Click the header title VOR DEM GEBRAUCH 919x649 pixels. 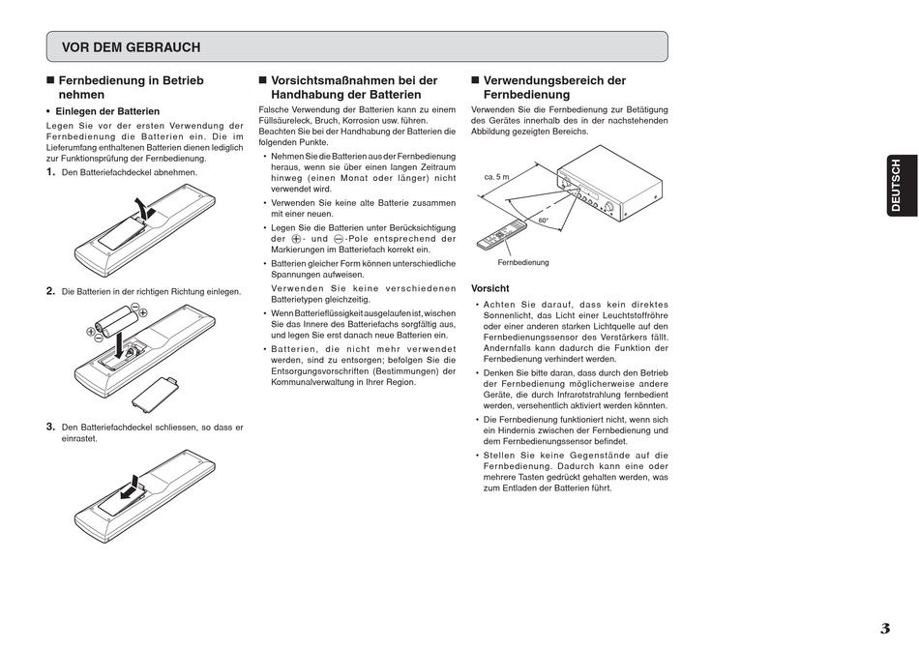click(x=131, y=47)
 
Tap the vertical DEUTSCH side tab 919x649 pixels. click(x=895, y=186)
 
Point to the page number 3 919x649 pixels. click(x=884, y=629)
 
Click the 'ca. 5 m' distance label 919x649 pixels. click(x=496, y=178)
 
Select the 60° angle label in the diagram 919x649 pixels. click(x=544, y=221)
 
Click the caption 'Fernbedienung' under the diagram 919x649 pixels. click(x=523, y=262)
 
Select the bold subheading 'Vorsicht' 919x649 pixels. click(x=489, y=288)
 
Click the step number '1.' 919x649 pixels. click(x=51, y=172)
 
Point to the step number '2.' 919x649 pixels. click(x=51, y=291)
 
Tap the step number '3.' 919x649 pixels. click(x=51, y=427)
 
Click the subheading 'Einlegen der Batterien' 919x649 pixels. click(x=107, y=111)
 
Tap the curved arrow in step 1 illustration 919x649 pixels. click(x=144, y=208)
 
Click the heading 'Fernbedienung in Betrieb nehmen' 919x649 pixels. click(x=131, y=88)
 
